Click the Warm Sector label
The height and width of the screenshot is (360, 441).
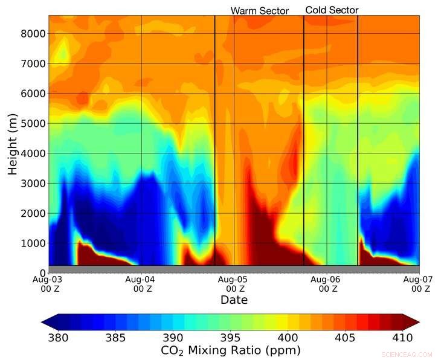259,10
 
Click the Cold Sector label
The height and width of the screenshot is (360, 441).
332,10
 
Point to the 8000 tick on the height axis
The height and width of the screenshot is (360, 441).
33,33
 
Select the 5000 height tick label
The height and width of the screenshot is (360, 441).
33,123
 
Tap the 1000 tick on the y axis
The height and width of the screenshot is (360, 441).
33,243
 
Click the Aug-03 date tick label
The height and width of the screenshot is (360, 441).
49,284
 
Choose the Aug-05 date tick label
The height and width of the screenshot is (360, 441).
234,284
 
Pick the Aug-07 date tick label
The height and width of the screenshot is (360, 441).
419,284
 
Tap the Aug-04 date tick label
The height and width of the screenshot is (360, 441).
141,284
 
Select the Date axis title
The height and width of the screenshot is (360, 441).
234,300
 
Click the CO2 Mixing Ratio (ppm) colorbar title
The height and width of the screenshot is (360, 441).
230,350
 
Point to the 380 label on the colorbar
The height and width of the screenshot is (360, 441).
59,336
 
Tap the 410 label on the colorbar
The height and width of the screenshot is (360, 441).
402,336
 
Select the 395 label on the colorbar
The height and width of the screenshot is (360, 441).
230,336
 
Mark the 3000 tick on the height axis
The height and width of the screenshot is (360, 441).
33,183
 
